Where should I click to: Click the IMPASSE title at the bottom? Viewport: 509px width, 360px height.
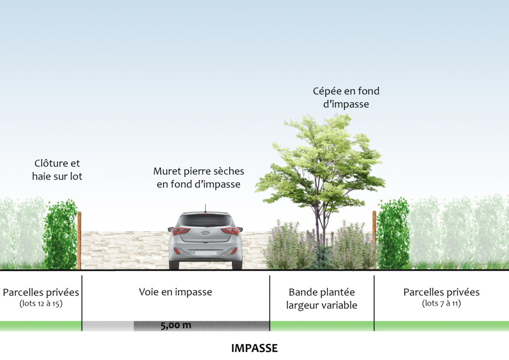click(254, 348)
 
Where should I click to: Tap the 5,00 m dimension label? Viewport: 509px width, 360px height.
click(175, 325)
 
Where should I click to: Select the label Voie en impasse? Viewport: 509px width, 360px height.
click(175, 292)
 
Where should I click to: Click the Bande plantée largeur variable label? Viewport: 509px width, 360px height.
click(322, 299)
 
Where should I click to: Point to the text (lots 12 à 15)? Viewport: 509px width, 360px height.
click(41, 304)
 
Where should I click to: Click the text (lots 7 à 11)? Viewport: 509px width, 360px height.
click(441, 303)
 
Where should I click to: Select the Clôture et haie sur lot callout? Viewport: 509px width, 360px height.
click(57, 170)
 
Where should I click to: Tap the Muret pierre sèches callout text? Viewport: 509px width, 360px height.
click(199, 178)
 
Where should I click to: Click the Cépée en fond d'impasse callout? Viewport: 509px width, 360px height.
click(346, 97)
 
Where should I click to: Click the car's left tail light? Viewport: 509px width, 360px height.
click(181, 231)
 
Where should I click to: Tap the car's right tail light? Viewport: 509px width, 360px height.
click(230, 231)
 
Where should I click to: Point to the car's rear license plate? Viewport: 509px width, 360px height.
click(206, 253)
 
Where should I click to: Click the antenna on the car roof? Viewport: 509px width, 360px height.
click(205, 208)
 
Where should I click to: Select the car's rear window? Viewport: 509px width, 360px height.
click(206, 221)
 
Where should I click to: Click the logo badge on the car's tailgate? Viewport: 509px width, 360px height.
click(205, 233)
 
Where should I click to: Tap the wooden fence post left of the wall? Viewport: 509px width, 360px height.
click(79, 240)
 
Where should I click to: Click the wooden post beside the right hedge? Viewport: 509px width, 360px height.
click(374, 240)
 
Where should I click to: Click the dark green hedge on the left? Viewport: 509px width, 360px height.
click(60, 234)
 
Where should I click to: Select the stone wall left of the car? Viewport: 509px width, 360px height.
click(125, 250)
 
